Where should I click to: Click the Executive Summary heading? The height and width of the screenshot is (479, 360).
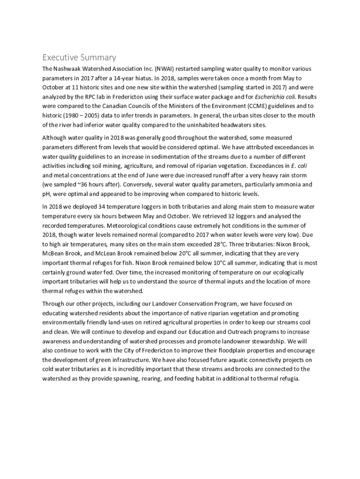(79, 58)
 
